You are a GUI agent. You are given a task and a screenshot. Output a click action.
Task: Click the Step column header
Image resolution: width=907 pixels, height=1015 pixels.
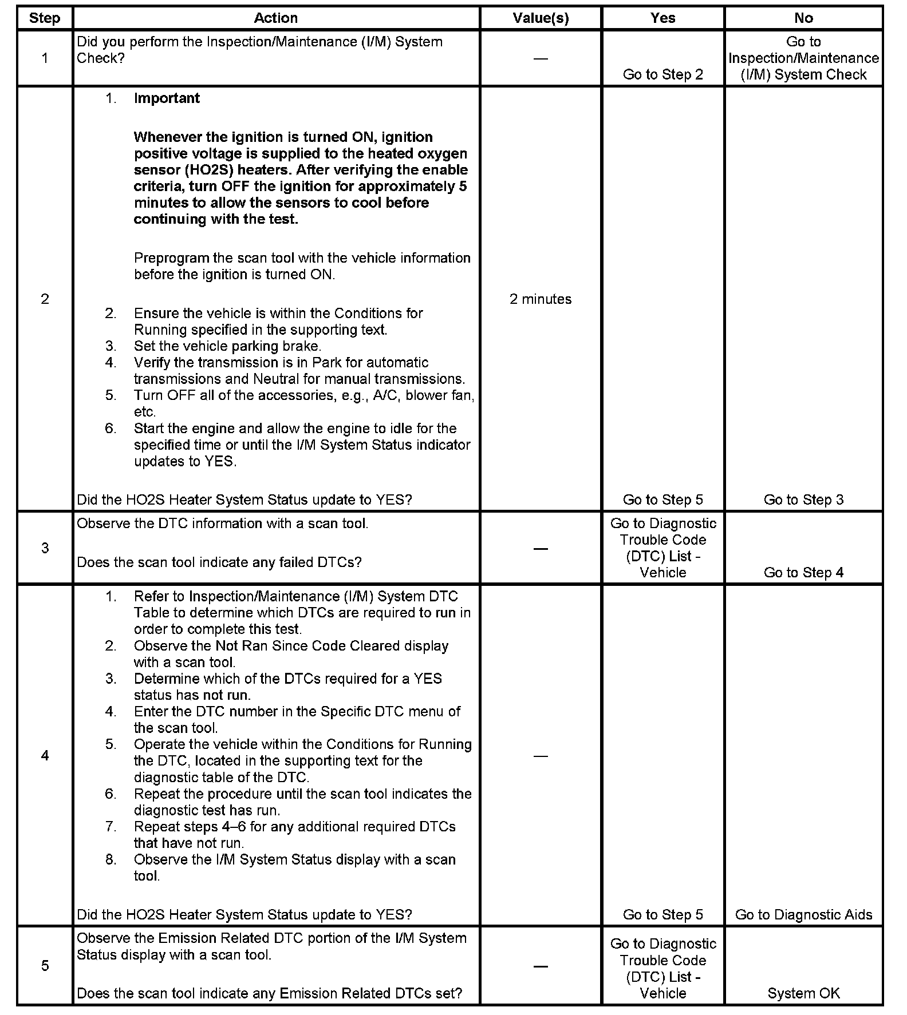coord(45,18)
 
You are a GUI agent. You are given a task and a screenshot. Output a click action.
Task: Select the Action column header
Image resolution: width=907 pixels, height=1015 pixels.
coord(275,18)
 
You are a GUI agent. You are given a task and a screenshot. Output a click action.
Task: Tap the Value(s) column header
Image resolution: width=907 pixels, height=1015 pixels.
coord(541,18)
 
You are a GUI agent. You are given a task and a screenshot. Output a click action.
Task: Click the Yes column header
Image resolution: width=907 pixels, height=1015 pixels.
coord(662,18)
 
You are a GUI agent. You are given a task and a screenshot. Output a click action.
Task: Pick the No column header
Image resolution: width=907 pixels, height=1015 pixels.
coord(803,18)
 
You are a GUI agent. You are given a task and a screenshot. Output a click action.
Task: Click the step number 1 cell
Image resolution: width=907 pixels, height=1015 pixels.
coord(45,58)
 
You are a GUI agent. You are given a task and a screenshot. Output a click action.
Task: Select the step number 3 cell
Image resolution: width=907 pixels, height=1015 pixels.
coord(45,548)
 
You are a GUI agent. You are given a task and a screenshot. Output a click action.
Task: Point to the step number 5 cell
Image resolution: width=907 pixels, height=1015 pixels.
coord(45,966)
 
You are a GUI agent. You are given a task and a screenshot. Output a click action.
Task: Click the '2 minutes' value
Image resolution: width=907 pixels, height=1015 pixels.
coord(541,299)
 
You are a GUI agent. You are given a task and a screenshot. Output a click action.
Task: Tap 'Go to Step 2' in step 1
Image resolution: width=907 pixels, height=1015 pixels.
coord(662,74)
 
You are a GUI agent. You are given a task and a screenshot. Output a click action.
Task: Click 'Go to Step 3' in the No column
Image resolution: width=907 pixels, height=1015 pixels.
coord(803,499)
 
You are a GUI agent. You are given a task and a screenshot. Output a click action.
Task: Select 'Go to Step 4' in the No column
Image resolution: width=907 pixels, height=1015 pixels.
coord(803,572)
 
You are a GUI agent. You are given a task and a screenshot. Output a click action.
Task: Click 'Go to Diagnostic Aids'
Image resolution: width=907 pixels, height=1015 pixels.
coord(803,914)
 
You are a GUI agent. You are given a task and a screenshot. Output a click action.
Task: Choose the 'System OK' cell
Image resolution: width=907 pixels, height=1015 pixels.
coord(803,993)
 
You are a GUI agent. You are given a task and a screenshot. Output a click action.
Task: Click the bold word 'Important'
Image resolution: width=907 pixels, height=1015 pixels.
coord(167,98)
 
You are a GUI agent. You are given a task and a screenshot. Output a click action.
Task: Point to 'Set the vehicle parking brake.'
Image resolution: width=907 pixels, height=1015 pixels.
coord(227,346)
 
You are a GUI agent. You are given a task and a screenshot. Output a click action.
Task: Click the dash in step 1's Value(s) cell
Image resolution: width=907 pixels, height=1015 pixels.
coord(541,58)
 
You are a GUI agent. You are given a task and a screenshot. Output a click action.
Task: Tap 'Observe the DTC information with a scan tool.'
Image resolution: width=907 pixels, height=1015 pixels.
coord(222,523)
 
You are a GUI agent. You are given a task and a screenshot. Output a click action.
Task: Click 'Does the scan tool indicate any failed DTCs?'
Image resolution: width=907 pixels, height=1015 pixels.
coord(219,562)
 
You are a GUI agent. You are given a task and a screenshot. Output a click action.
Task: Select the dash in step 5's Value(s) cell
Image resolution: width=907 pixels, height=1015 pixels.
coord(541,966)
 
